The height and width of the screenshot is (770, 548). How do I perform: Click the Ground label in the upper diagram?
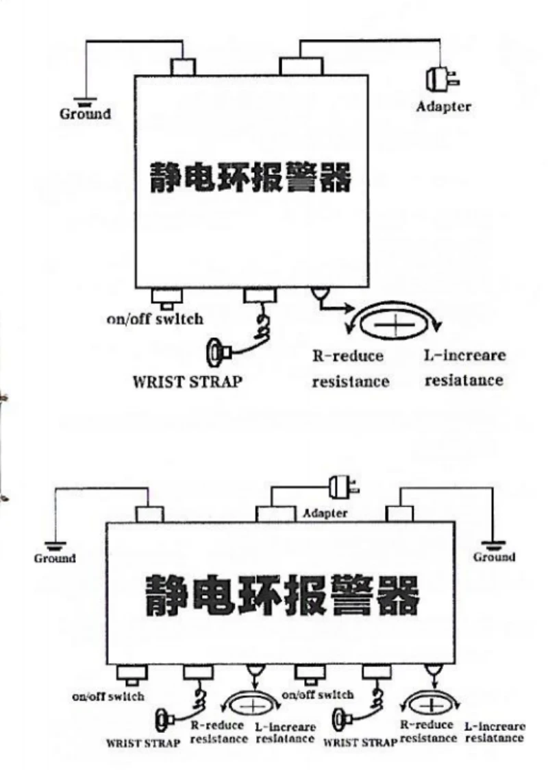(x=86, y=114)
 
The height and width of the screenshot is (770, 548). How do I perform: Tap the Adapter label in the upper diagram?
(x=443, y=106)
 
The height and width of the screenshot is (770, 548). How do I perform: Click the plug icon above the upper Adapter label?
(x=443, y=79)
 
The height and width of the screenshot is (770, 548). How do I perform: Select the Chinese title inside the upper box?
(x=251, y=178)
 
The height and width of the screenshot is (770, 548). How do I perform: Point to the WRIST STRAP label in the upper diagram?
(x=188, y=381)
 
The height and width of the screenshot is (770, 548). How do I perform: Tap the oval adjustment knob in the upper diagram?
(x=395, y=324)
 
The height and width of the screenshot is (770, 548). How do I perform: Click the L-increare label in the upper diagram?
(x=464, y=354)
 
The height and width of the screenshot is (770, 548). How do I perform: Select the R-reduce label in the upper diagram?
(x=348, y=356)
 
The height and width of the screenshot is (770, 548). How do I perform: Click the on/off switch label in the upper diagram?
(x=155, y=319)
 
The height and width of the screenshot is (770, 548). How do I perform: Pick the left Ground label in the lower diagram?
(x=55, y=558)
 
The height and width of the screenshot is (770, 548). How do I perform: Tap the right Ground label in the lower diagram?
(x=494, y=557)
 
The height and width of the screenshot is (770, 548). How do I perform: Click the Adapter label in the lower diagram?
(x=325, y=513)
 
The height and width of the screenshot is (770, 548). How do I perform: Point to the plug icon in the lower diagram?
(x=345, y=487)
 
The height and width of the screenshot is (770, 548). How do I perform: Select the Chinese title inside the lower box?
(x=282, y=596)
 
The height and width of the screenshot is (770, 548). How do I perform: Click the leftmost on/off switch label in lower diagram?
(x=108, y=697)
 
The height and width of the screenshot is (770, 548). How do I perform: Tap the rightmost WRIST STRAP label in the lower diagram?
(x=360, y=743)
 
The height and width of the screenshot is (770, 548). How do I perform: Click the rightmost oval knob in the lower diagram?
(x=431, y=706)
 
